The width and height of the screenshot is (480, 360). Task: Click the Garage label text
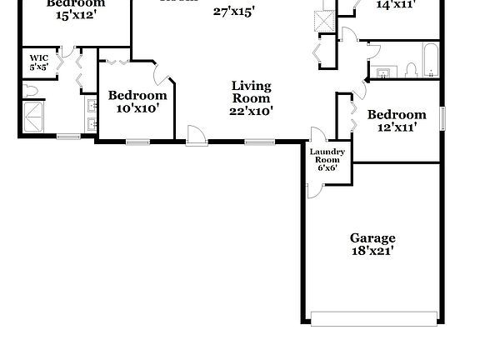(372, 237)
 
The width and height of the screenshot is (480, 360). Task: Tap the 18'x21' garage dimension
(372, 249)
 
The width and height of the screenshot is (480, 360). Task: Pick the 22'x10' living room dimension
(251, 110)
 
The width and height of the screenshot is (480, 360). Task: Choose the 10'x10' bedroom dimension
(137, 108)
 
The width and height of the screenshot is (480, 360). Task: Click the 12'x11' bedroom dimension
(397, 127)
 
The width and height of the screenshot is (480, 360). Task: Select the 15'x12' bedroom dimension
(76, 15)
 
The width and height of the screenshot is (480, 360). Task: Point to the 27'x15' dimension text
(233, 12)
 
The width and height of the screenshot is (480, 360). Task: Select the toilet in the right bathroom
(412, 70)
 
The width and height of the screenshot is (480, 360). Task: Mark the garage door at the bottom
(372, 317)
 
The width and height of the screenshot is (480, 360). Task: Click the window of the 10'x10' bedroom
(137, 142)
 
